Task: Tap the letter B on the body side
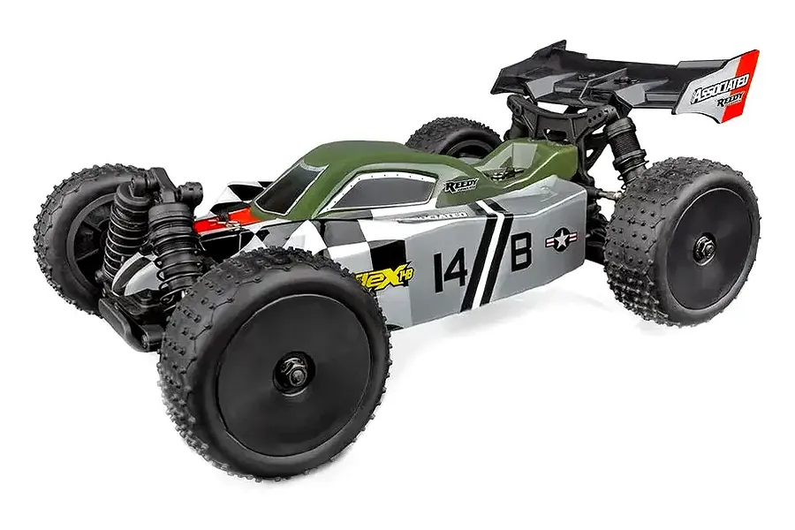coord(522,252)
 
